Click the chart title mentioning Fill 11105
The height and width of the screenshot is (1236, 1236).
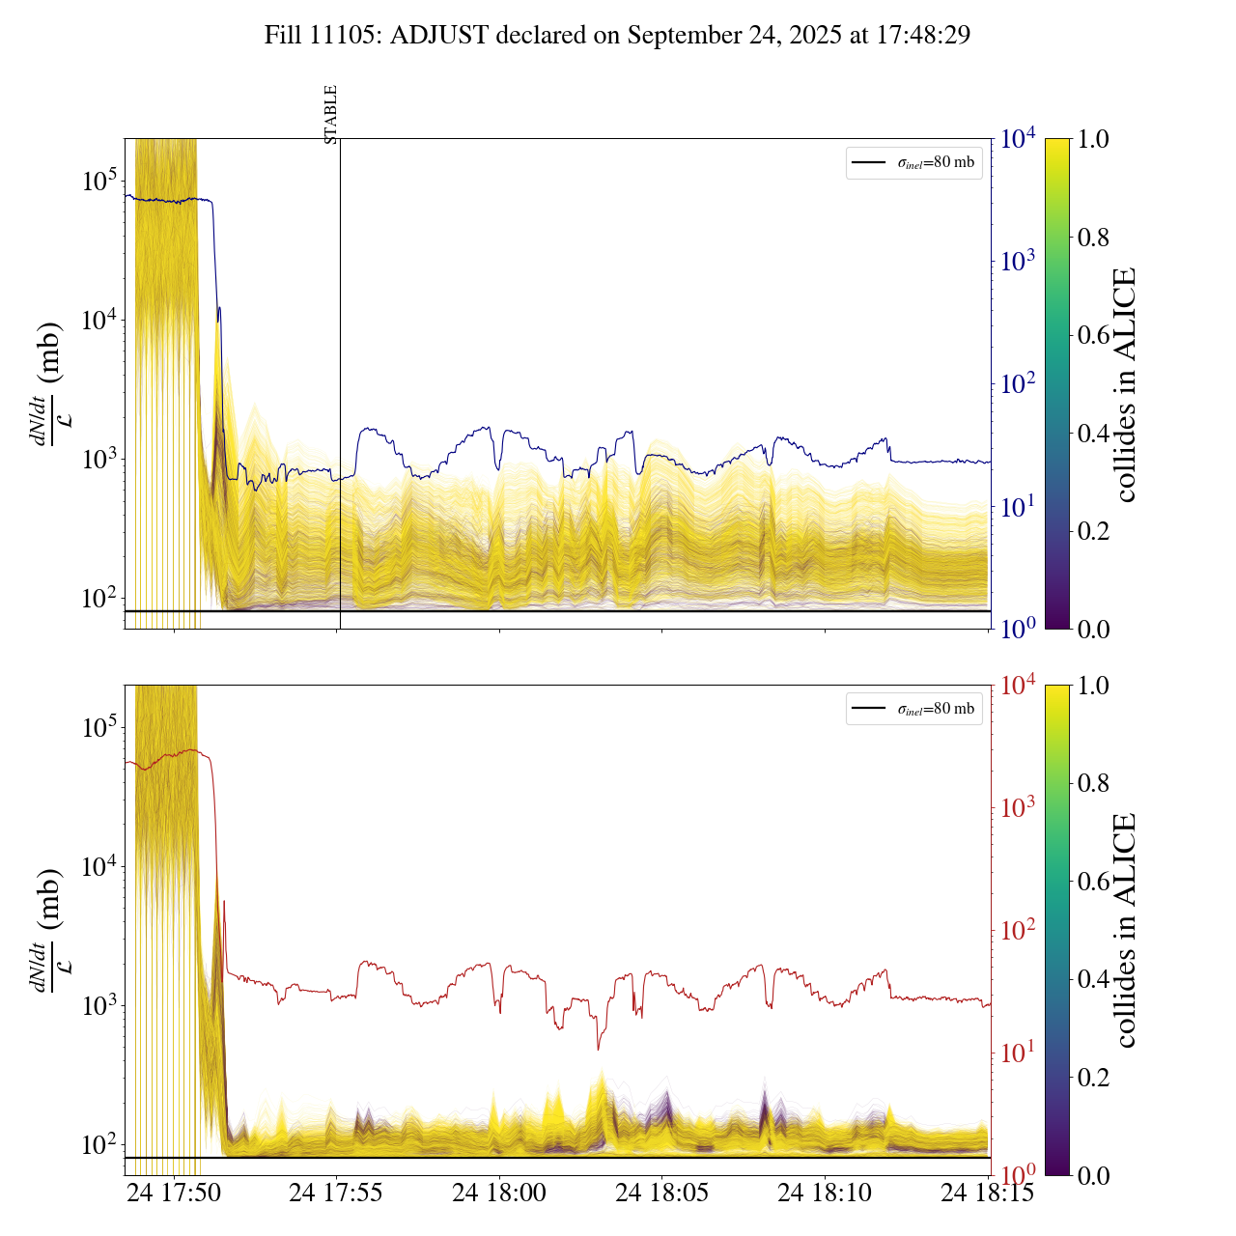coord(617,36)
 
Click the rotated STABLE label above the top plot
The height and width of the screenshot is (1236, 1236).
coord(331,115)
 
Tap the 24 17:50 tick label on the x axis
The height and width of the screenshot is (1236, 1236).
coord(174,1193)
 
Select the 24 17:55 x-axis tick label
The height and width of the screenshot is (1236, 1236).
coord(336,1193)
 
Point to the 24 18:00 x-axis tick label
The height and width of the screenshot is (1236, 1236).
coord(499,1193)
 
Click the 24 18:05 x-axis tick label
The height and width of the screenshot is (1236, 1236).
coord(662,1193)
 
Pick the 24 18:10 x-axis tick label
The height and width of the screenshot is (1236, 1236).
coord(825,1193)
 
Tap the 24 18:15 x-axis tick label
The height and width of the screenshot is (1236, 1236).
coord(987,1193)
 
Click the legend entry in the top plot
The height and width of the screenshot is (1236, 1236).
coord(914,162)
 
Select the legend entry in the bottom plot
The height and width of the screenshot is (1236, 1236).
coord(914,709)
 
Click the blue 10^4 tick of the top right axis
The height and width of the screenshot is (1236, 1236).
coord(1019,139)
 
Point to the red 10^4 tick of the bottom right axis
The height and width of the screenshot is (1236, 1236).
coord(1019,685)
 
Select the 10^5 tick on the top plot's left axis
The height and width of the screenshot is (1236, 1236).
coord(99,181)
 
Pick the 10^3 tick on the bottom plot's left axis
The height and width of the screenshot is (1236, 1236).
coord(99,1005)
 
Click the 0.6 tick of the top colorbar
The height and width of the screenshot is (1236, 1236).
coord(1093,335)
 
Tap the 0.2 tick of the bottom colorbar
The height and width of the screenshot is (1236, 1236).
coord(1093,1077)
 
